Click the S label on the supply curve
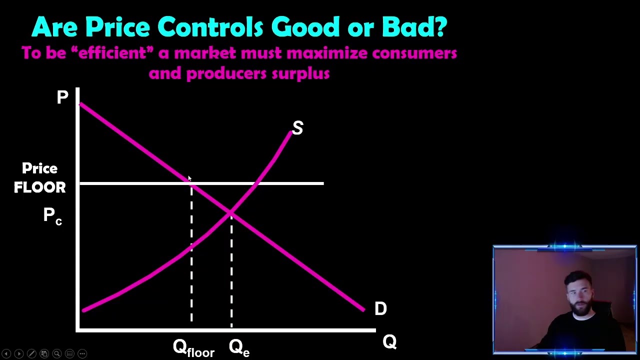click(x=297, y=128)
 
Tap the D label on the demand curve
click(x=380, y=308)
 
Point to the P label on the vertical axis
click(x=62, y=97)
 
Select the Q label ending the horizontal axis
click(x=389, y=342)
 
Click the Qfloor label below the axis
click(x=193, y=347)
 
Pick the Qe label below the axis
click(x=239, y=347)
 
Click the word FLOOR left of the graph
click(x=39, y=187)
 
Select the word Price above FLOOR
click(x=39, y=168)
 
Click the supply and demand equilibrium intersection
click(x=231, y=213)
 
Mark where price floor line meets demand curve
click(x=191, y=183)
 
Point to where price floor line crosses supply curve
click(x=256, y=183)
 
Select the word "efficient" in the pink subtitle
click(x=115, y=53)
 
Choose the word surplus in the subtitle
click(x=300, y=74)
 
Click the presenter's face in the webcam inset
click(x=579, y=295)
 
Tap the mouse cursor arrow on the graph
click(x=189, y=178)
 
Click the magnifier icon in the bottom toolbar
click(x=57, y=354)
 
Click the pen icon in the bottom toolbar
click(x=31, y=354)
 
